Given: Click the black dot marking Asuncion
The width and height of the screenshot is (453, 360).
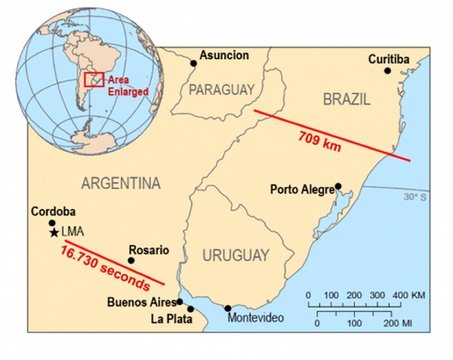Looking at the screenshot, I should coord(194,64).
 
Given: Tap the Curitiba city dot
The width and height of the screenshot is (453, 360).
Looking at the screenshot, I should coord(387,71).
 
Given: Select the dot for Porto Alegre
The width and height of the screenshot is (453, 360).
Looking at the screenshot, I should coord(338,186).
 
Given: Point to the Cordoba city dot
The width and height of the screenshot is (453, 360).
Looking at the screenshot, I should coord(52,223).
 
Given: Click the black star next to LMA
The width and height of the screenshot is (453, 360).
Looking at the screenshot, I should coord(53,233).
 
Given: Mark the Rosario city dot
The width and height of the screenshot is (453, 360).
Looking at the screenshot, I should coord(131,261).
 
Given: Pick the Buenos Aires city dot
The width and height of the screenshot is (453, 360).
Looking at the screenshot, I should coord(180,302).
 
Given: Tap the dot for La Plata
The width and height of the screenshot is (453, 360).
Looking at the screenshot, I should coord(190,309).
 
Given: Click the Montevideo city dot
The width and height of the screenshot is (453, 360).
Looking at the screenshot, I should coord(228,308).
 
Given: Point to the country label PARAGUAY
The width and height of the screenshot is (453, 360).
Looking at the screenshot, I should coord(221,90).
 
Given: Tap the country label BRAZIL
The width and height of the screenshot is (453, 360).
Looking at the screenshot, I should coord(346,99).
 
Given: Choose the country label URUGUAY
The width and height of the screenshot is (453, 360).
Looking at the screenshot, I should coord(235,256).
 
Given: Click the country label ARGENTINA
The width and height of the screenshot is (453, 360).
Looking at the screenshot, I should coord(121,184).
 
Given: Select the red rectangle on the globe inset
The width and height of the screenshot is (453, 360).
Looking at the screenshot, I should coord(94,79).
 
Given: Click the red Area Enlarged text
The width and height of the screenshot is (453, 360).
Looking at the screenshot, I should coord(128,85).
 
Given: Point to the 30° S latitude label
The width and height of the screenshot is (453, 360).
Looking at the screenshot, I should coord(416,197).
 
